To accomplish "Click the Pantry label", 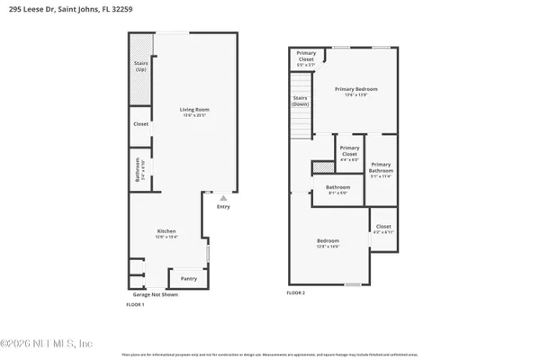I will (188, 278).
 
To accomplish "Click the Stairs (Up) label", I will (140, 67).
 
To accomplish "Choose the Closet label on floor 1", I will (140, 123).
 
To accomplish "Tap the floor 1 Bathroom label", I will (138, 169).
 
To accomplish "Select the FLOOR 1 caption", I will (135, 306).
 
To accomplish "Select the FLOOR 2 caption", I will (296, 293).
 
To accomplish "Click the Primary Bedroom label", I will (355, 91).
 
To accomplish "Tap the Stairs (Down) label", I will (301, 101).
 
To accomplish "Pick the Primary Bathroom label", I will (381, 168).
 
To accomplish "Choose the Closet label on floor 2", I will (383, 229).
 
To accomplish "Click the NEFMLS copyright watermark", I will (47, 343).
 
